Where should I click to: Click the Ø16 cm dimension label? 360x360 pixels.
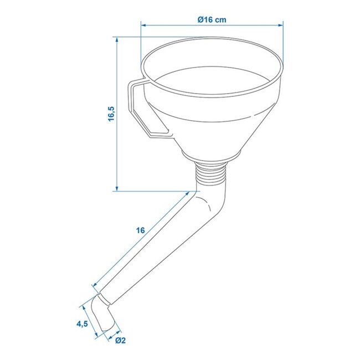click(212, 19)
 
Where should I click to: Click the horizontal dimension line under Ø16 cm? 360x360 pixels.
click(212, 25)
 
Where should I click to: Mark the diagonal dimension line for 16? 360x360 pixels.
click(144, 239)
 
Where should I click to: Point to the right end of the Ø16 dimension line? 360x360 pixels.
click(282, 25)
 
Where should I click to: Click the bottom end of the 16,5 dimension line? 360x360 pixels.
click(118, 191)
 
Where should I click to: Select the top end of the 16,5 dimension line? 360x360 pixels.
click(118, 38)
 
